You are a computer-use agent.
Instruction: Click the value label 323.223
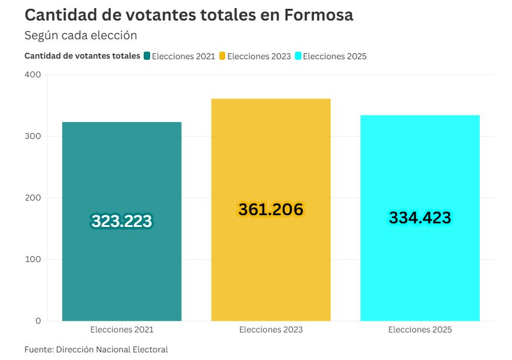pyautogui.click(x=121, y=221)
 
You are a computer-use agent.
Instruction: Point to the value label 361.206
pyautogui.click(x=271, y=209)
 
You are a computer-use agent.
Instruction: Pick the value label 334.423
pyautogui.click(x=420, y=218)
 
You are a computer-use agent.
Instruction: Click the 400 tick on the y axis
pyautogui.click(x=33, y=74)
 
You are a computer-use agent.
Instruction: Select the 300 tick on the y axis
pyautogui.click(x=33, y=136)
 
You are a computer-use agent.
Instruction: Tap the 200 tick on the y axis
pyautogui.click(x=33, y=198)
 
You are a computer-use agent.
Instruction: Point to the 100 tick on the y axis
pyautogui.click(x=33, y=259)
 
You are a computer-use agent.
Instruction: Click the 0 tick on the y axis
pyautogui.click(x=38, y=321)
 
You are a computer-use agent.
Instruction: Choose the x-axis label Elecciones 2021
pyautogui.click(x=121, y=330)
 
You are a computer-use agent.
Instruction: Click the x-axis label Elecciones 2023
pyautogui.click(x=271, y=330)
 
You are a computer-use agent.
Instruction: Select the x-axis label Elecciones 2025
pyautogui.click(x=420, y=330)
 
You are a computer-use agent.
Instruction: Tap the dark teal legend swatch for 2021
pyautogui.click(x=147, y=56)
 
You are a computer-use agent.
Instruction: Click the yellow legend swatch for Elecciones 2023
pyautogui.click(x=222, y=56)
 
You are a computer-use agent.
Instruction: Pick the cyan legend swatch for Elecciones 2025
pyautogui.click(x=298, y=56)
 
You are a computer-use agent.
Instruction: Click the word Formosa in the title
pyautogui.click(x=318, y=15)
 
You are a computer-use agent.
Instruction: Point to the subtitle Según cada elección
pyautogui.click(x=80, y=35)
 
